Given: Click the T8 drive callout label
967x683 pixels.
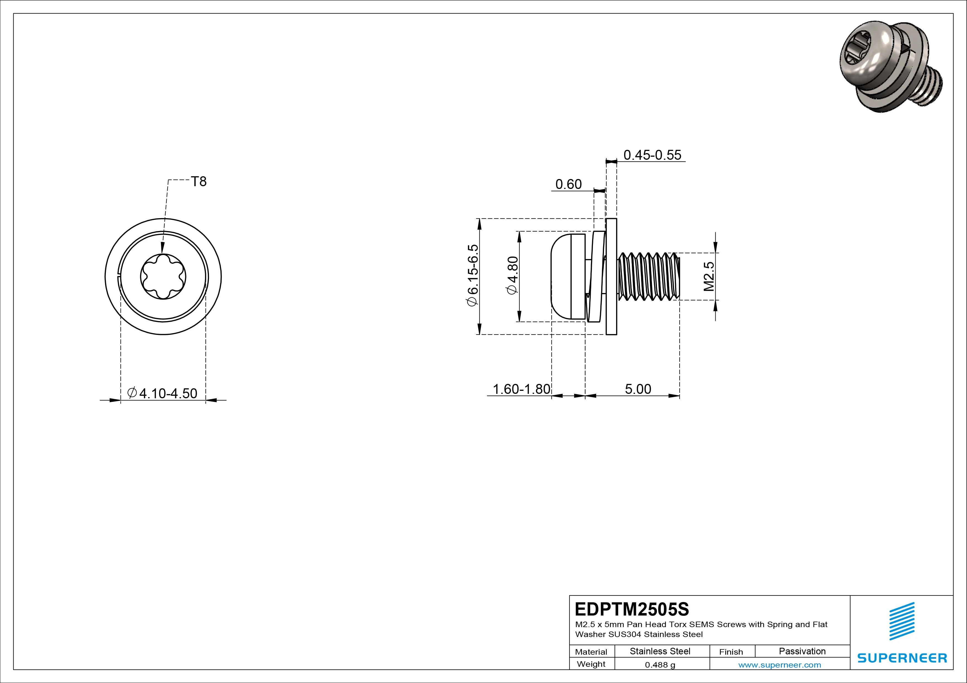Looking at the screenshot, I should (199, 181).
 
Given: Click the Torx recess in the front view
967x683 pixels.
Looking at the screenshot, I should (163, 277).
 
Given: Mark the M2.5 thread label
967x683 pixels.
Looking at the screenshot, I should (709, 277).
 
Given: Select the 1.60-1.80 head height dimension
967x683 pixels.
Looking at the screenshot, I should (522, 389).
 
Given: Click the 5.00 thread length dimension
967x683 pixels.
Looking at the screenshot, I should (638, 389).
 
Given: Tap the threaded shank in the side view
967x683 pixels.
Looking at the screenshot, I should (649, 277).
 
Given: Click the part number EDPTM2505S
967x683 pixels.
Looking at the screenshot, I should (632, 609).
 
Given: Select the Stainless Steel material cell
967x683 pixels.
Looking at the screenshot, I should (660, 651).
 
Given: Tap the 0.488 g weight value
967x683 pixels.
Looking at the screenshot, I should (660, 665).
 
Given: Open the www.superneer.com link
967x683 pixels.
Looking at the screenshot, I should (780, 665).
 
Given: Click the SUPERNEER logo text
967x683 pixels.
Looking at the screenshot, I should (902, 658).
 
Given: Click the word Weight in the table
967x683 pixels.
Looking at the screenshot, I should (591, 664).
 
